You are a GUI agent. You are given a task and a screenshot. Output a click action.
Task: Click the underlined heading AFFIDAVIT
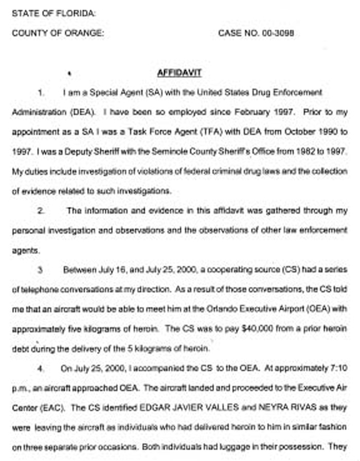click(179, 73)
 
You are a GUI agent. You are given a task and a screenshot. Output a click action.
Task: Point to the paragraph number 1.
click(41, 93)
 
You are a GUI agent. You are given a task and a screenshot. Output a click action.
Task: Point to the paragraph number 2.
click(41, 211)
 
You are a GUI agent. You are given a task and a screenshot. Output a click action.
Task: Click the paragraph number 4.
click(41, 368)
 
